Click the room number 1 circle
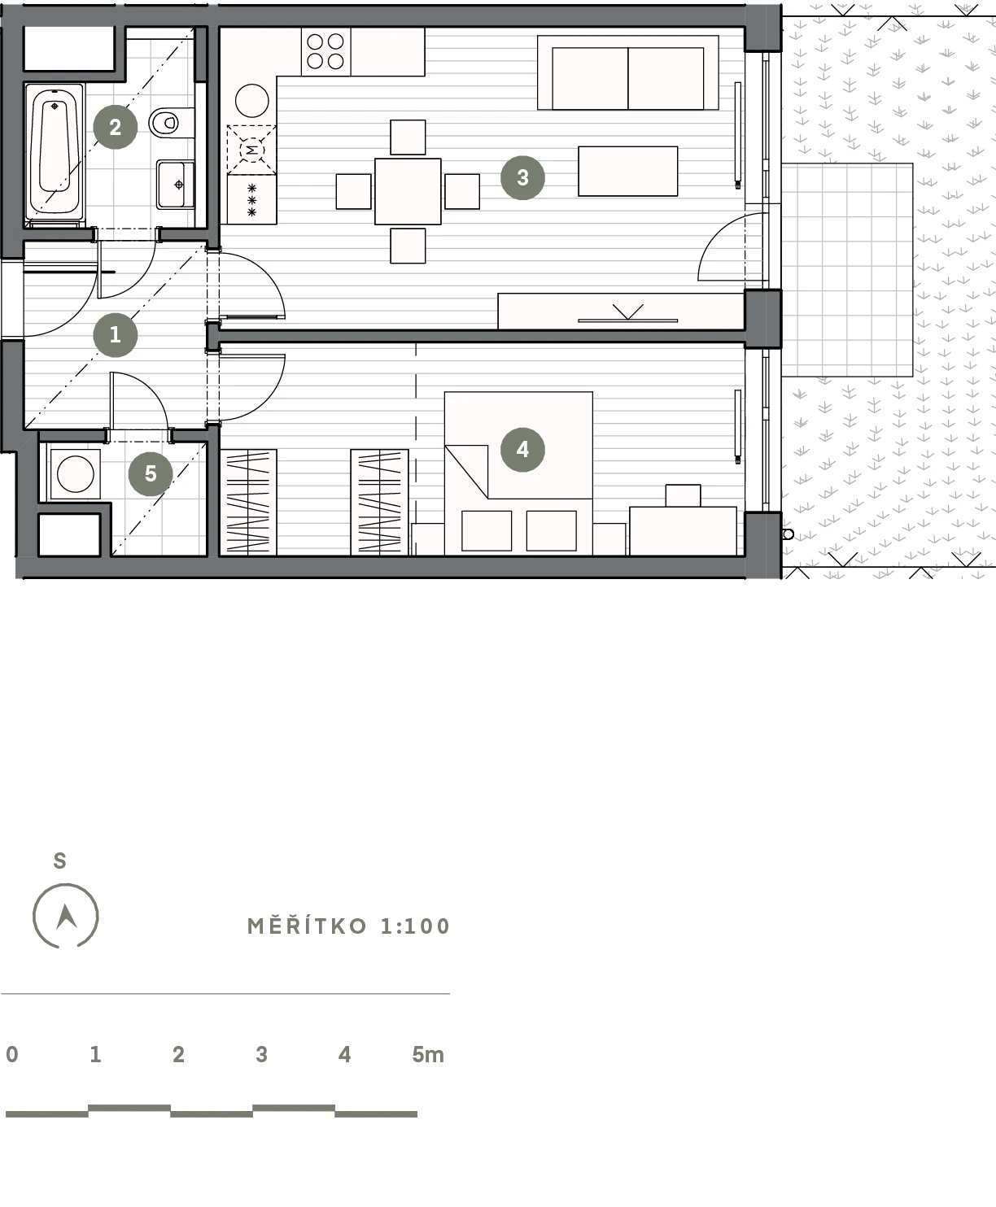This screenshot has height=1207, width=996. point(115,335)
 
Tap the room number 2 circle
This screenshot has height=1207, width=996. point(115,127)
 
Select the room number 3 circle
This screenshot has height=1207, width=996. point(522,177)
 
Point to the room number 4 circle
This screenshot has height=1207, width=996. point(522,449)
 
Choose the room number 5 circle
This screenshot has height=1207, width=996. point(151,473)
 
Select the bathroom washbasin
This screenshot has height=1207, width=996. point(175,185)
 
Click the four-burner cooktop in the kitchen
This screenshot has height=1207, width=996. point(325,51)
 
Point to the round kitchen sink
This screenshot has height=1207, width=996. point(252,101)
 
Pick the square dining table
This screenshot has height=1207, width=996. point(408,191)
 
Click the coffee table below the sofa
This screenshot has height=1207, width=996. point(627,171)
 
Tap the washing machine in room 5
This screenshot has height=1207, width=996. point(75,474)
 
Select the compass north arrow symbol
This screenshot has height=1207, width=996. point(66,917)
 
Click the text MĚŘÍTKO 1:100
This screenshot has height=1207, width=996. point(348,926)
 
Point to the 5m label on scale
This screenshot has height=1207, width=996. point(427,1055)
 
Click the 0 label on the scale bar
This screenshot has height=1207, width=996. point(12,1055)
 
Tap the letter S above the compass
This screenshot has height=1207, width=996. point(59,861)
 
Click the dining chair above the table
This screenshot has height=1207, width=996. point(408,137)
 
